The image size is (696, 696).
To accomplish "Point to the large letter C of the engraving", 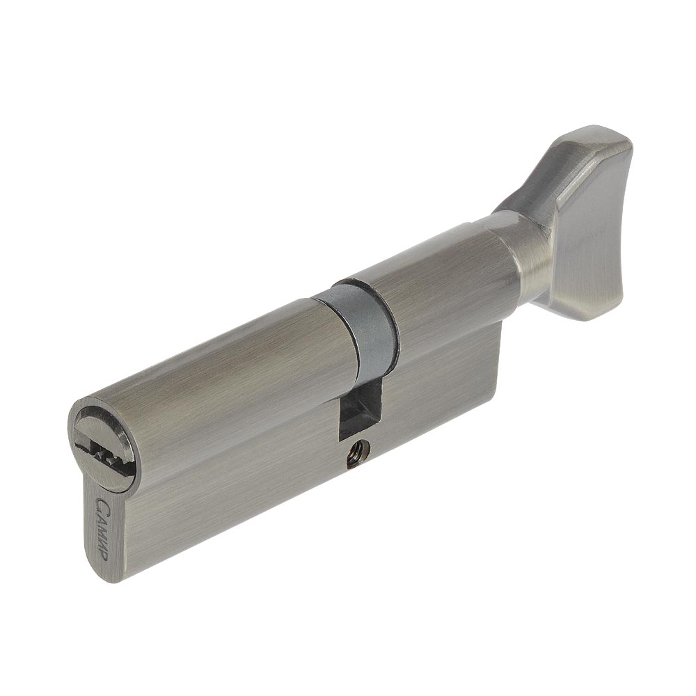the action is tap(101, 504).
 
